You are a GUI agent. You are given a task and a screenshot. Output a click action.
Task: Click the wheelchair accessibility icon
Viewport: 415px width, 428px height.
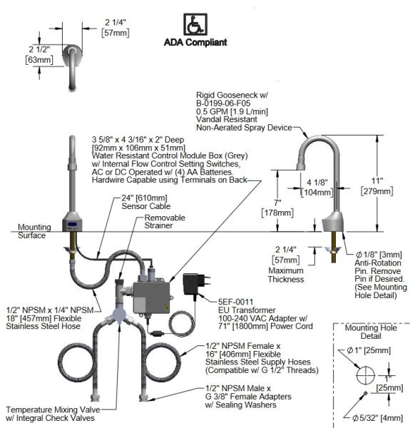[195, 24]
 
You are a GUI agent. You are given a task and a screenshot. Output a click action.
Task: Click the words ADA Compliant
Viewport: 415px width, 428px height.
[195, 42]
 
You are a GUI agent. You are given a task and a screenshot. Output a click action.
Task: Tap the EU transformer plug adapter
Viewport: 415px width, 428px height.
[197, 284]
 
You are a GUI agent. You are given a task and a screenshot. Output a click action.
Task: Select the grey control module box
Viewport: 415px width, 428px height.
[152, 297]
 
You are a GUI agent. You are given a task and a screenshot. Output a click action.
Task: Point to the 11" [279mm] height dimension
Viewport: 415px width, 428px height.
[376, 186]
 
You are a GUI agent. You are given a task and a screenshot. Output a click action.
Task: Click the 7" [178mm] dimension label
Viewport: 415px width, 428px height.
[277, 208]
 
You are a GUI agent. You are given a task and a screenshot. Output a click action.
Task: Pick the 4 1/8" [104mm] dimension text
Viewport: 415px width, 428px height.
[317, 188]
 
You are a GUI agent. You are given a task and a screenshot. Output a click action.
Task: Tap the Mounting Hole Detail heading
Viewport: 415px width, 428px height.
[371, 332]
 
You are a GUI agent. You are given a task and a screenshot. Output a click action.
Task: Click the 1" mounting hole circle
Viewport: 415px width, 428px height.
[365, 367]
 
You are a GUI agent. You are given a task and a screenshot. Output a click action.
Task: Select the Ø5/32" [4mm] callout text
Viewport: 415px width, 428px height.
[378, 417]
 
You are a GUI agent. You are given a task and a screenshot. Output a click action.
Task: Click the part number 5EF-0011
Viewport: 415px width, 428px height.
[235, 302]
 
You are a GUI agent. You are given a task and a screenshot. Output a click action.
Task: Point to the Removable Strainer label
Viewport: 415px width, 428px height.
[165, 221]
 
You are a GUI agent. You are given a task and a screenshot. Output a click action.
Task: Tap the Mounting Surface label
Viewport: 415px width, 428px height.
[34, 231]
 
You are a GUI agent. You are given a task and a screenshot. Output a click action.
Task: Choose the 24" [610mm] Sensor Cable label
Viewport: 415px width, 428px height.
[146, 202]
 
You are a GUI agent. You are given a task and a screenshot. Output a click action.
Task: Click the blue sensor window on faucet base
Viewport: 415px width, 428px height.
[72, 225]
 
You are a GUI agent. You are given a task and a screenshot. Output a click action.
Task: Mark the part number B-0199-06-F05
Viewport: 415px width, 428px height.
[223, 103]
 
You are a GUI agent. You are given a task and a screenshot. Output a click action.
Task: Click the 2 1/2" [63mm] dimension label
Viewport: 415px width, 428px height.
[39, 55]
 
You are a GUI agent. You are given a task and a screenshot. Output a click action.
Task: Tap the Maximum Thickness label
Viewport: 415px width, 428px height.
[286, 275]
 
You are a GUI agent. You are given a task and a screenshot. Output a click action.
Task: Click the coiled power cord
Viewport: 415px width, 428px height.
[181, 324]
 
